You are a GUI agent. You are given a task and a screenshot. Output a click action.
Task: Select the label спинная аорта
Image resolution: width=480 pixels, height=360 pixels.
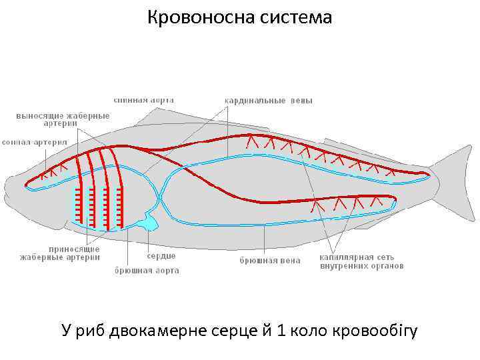[144, 100]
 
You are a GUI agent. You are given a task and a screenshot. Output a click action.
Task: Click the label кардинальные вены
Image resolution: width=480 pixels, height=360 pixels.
[268, 101]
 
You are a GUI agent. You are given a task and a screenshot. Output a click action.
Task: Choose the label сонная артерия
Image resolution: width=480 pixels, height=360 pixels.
[35, 142]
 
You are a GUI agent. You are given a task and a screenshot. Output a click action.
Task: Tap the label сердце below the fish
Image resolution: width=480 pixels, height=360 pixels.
[161, 256]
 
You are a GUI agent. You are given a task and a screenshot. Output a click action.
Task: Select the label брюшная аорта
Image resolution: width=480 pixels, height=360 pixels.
[147, 271]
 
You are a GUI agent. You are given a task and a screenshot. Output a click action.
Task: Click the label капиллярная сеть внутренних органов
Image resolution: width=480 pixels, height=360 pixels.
[361, 261]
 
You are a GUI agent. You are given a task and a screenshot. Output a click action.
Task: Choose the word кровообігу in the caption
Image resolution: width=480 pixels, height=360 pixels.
[376, 331]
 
